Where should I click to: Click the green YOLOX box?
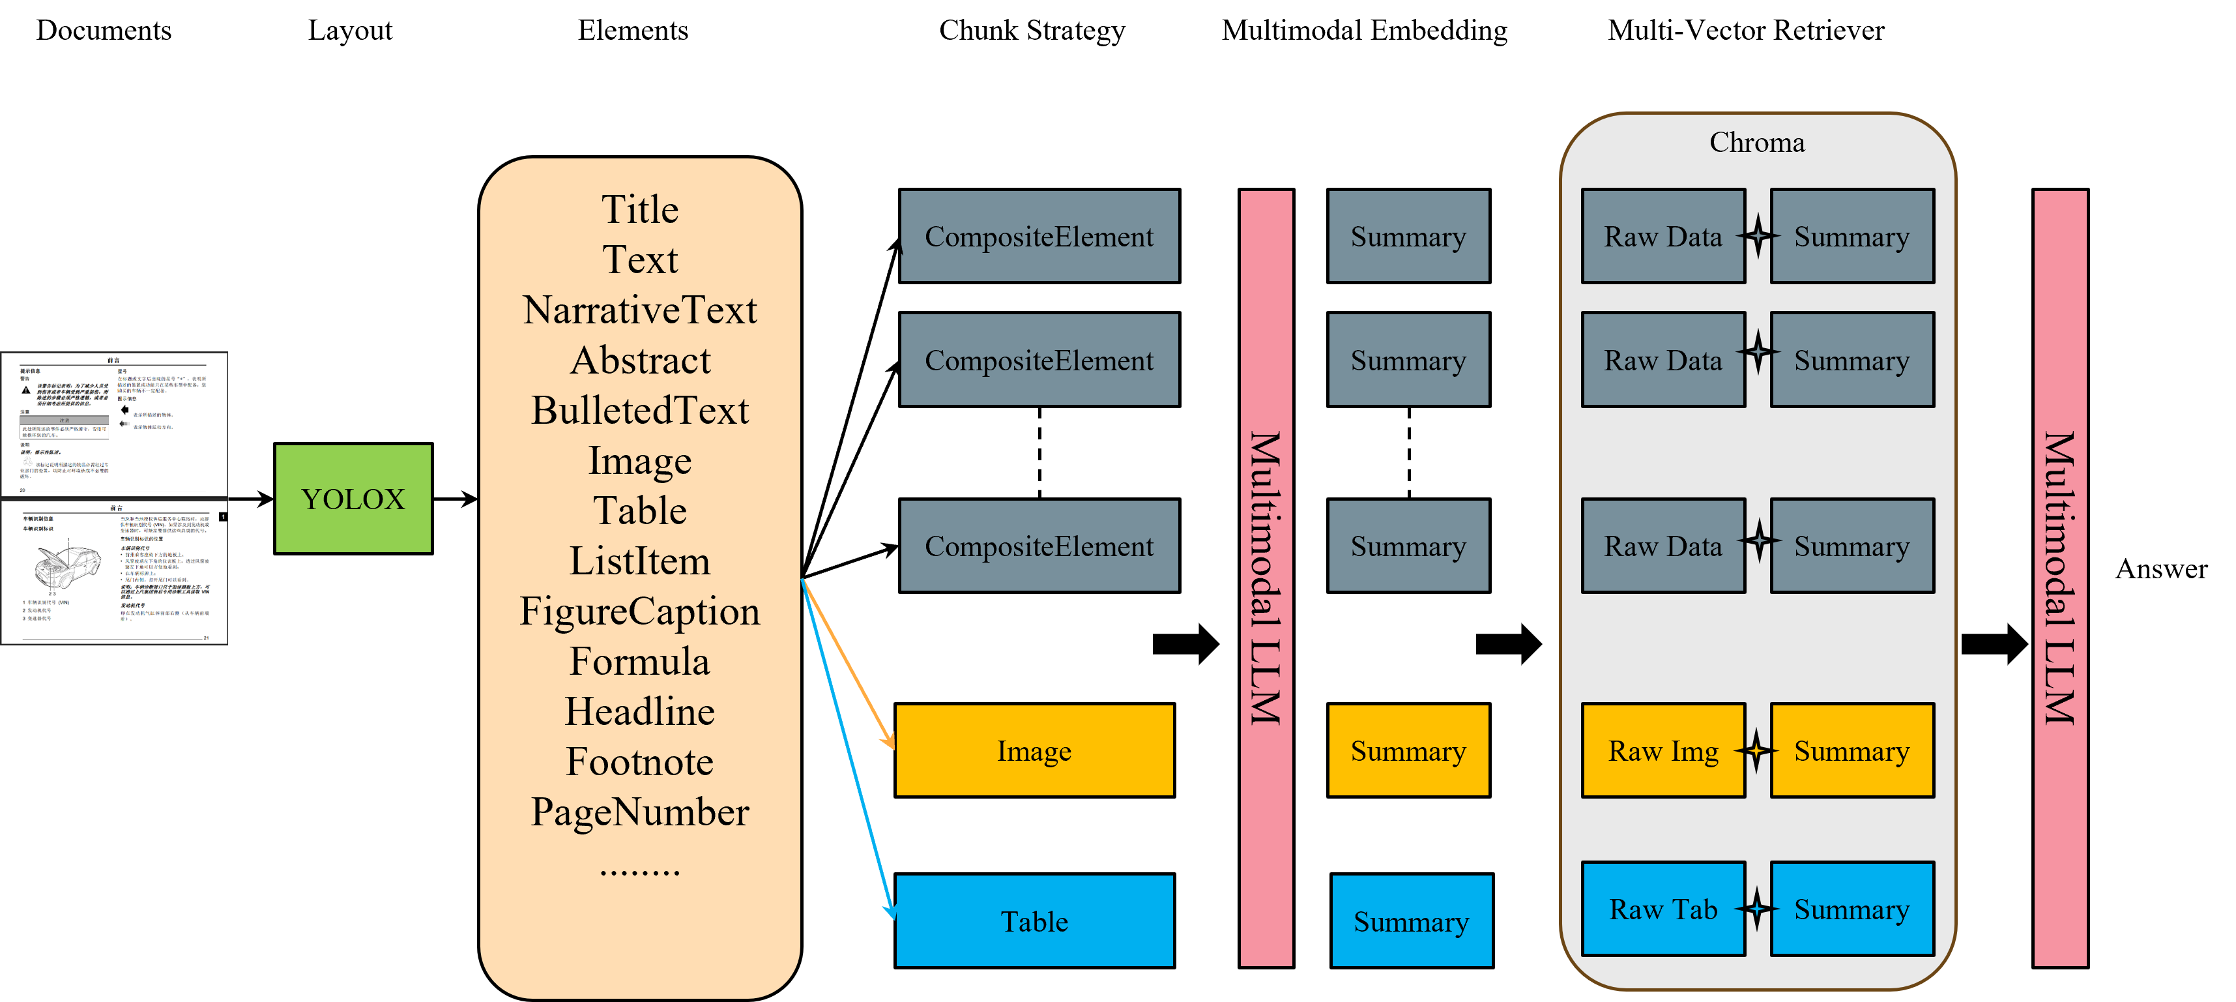[353, 499]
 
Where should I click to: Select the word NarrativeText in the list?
[640, 310]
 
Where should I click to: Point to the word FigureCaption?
[640, 612]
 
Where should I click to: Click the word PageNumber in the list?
[640, 812]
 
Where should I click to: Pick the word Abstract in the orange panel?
[640, 361]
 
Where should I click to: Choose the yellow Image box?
[1034, 750]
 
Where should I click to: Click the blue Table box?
[1034, 921]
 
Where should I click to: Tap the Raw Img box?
[1662, 750]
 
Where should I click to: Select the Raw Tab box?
[1662, 909]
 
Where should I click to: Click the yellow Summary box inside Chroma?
[1851, 750]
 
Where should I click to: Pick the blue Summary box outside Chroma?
[1412, 921]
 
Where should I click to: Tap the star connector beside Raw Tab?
[1758, 909]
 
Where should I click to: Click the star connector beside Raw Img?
[1758, 750]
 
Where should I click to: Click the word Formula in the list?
[640, 662]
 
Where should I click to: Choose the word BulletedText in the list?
[640, 411]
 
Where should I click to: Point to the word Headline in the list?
[640, 712]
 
